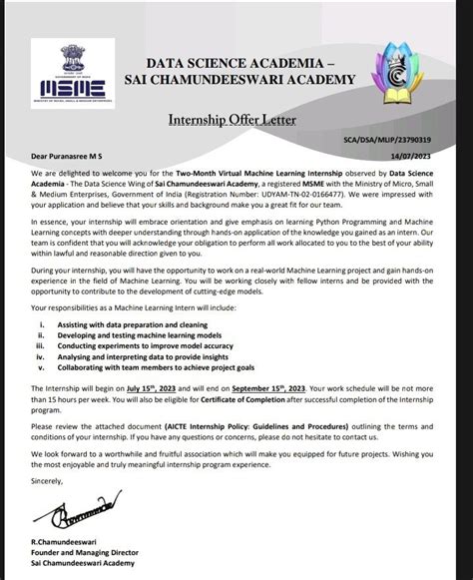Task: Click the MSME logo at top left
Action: pyautogui.click(x=70, y=74)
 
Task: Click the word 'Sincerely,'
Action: pyautogui.click(x=47, y=480)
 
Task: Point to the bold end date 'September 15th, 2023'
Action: pyautogui.click(x=298, y=387)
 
